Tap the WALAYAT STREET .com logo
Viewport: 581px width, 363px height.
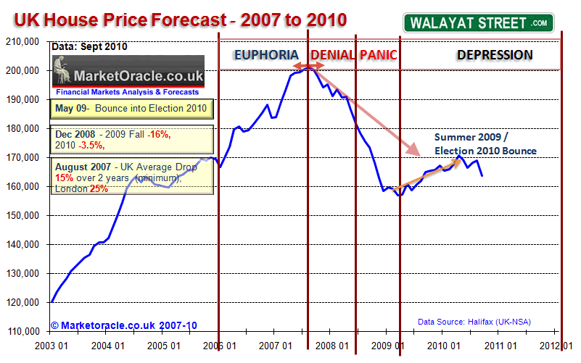[x=478, y=22]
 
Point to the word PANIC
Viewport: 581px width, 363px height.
[x=377, y=55]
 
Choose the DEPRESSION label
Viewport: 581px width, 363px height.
[x=494, y=55]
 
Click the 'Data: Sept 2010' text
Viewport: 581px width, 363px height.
[x=89, y=47]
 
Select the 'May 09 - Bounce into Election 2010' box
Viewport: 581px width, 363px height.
[x=131, y=109]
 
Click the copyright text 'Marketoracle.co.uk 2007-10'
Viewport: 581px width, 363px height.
[x=124, y=325]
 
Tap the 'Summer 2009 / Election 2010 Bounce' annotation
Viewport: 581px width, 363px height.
[x=485, y=143]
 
